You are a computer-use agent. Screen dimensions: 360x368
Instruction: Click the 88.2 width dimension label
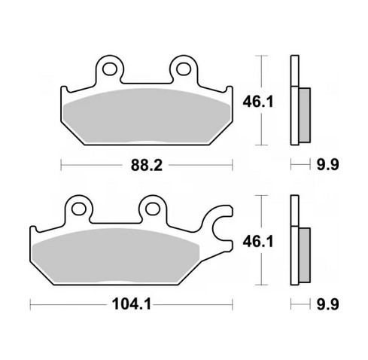(x=147, y=163)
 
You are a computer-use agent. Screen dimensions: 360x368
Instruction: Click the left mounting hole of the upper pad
(x=110, y=70)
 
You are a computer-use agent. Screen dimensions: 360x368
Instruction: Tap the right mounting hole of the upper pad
(x=182, y=70)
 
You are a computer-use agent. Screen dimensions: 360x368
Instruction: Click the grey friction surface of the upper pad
(x=147, y=114)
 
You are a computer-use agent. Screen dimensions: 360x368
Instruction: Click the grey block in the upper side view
(x=304, y=114)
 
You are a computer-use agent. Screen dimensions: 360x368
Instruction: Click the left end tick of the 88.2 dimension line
(x=60, y=163)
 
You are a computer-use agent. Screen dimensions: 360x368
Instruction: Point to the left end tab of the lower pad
(x=35, y=239)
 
